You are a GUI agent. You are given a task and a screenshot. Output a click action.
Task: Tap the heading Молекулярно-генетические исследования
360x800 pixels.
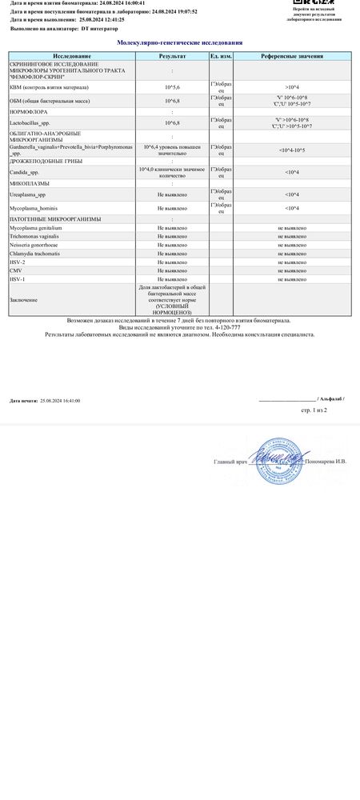click(179, 42)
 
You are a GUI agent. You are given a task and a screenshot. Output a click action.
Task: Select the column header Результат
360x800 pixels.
click(172, 58)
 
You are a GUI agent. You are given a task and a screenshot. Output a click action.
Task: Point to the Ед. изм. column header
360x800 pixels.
click(220, 58)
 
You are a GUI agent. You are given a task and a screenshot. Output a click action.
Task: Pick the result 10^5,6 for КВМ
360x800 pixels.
click(172, 85)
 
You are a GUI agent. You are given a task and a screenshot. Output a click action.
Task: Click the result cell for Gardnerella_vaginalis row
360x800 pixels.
click(172, 150)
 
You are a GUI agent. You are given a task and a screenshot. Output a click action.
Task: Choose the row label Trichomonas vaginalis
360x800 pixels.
click(36, 235)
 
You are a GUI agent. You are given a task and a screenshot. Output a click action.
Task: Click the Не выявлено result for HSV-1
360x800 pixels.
click(172, 279)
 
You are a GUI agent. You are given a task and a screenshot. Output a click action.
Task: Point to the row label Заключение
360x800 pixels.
click(23, 299)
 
